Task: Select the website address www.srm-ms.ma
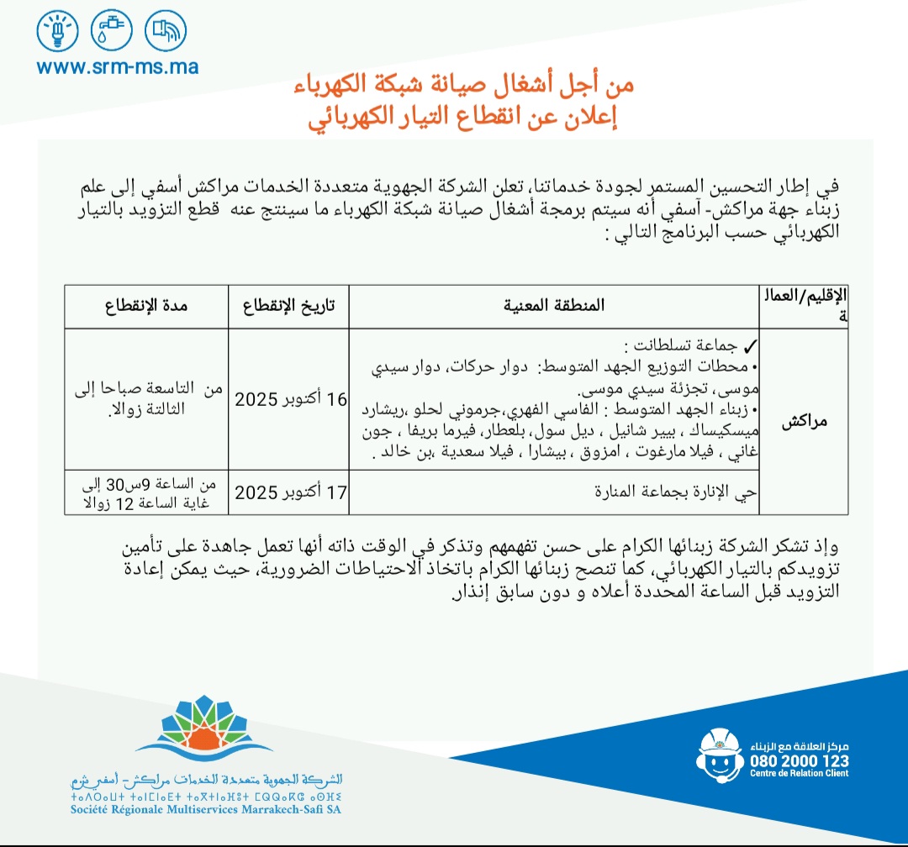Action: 118,66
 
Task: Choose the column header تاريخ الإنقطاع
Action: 289,306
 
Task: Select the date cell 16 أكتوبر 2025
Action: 290,398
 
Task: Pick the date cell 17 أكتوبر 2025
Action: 290,492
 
